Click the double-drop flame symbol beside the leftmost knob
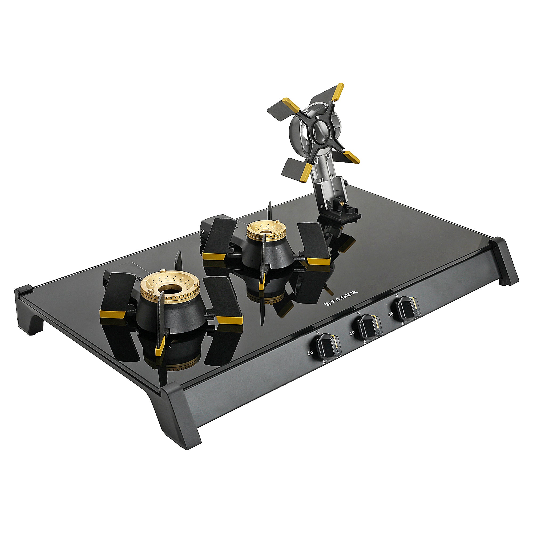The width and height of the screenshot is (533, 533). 311,353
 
